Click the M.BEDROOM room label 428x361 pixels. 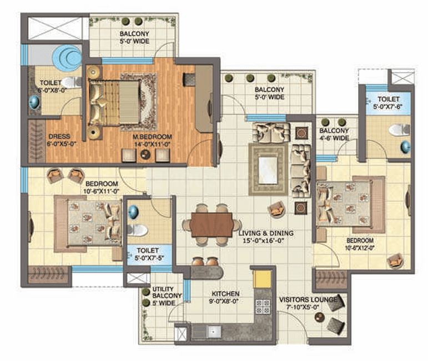click(152, 136)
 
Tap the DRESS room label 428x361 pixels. click(59, 136)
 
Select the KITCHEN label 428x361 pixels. click(225, 294)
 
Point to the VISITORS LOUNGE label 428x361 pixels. click(308, 300)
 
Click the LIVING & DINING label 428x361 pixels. click(266, 233)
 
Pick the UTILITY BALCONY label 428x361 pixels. click(167, 293)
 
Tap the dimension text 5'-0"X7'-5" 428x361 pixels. click(149, 258)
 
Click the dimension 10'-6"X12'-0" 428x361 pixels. click(360, 248)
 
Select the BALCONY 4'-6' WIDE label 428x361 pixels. click(334, 134)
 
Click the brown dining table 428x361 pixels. click(212, 225)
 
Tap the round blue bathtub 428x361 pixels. click(67, 57)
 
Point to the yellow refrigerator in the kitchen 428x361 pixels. click(262, 279)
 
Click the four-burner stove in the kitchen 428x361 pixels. click(263, 306)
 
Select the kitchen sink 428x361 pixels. click(214, 332)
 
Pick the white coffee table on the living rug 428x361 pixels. click(268, 170)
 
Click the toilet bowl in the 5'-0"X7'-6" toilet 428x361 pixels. click(399, 130)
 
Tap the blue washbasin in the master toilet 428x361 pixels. click(34, 102)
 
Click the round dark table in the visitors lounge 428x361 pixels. click(319, 317)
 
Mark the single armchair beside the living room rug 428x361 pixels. click(277, 210)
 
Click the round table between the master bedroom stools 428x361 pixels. click(145, 155)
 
